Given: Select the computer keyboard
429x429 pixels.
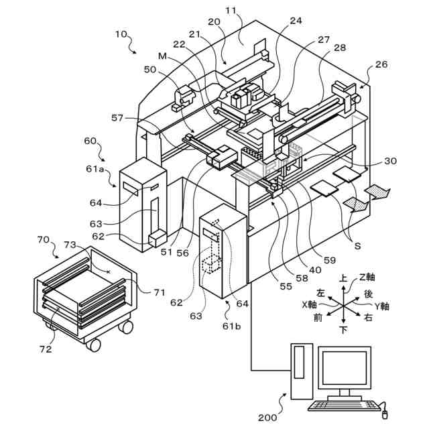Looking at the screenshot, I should [x=339, y=405].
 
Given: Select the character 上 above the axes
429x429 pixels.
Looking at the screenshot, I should [x=343, y=277].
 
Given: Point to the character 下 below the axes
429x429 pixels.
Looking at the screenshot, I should [x=343, y=330].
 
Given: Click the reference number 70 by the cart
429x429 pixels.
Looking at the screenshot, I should [x=44, y=239].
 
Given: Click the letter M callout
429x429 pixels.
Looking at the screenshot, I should [x=163, y=55].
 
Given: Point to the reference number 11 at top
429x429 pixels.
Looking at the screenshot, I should [x=231, y=11].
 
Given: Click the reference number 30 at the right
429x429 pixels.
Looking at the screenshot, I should [x=390, y=162].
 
